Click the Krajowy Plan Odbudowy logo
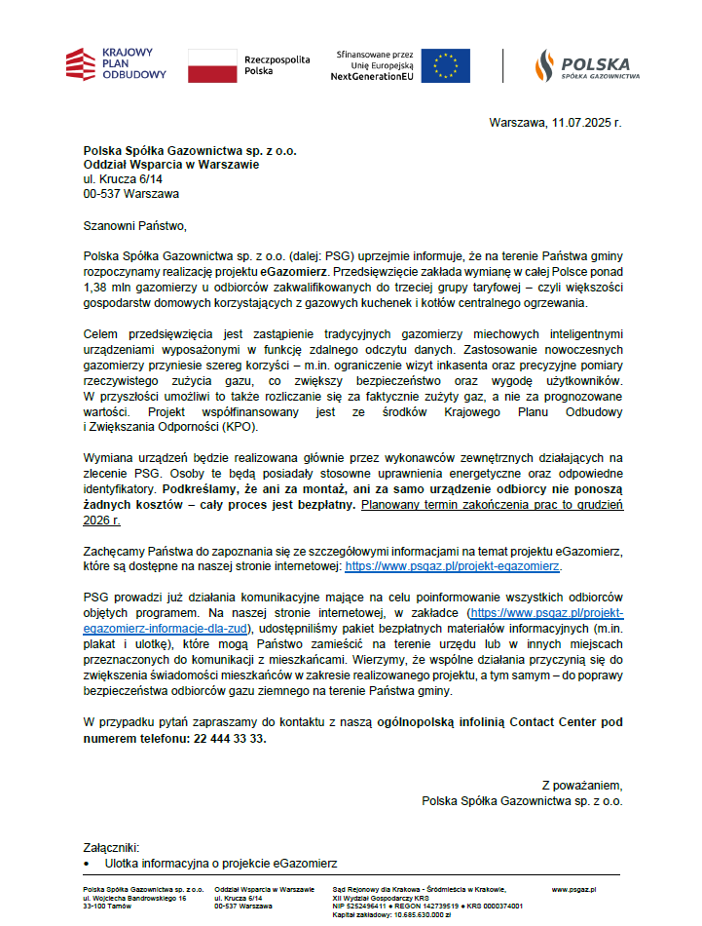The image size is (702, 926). click(x=115, y=64)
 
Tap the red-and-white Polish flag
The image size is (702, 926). click(x=211, y=65)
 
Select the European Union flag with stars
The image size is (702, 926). click(x=445, y=65)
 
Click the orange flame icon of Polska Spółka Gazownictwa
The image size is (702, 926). click(x=543, y=64)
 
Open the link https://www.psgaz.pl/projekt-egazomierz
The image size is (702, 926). click(x=453, y=565)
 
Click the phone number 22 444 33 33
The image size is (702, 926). click(x=227, y=739)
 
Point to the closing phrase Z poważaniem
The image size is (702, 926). click(x=581, y=786)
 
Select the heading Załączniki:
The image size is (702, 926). click(x=112, y=848)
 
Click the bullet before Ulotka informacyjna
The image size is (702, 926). click(x=88, y=865)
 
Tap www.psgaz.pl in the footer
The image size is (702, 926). click(x=574, y=890)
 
